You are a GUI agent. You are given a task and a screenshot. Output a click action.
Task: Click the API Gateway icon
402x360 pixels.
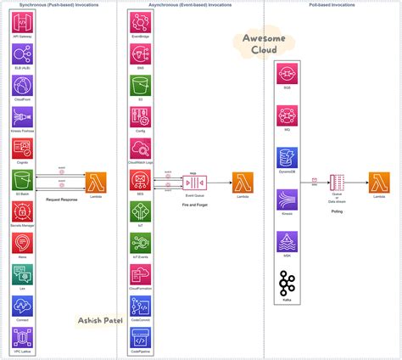[x=22, y=24]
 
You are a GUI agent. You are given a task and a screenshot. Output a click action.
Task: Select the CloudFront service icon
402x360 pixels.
[x=22, y=87]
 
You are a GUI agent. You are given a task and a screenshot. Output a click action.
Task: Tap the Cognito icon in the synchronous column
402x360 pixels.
[x=22, y=149]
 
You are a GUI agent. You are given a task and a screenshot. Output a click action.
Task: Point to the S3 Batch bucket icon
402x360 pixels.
[x=22, y=181]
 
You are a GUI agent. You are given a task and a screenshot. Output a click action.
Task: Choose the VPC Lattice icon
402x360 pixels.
[x=22, y=338]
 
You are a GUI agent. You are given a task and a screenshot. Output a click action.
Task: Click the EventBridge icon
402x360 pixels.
[x=140, y=24]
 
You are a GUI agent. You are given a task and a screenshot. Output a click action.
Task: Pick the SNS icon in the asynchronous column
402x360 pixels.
[x=140, y=55]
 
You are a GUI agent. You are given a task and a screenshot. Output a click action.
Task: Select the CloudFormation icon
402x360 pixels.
[x=140, y=274]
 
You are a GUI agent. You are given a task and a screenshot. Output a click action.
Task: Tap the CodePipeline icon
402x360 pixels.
[x=140, y=337]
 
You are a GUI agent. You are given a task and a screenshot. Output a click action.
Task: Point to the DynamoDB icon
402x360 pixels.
[x=288, y=158]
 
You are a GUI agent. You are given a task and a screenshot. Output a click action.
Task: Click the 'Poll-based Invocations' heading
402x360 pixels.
[x=331, y=5]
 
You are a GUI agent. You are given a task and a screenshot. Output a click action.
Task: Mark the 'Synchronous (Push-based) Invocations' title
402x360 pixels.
[x=58, y=5]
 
